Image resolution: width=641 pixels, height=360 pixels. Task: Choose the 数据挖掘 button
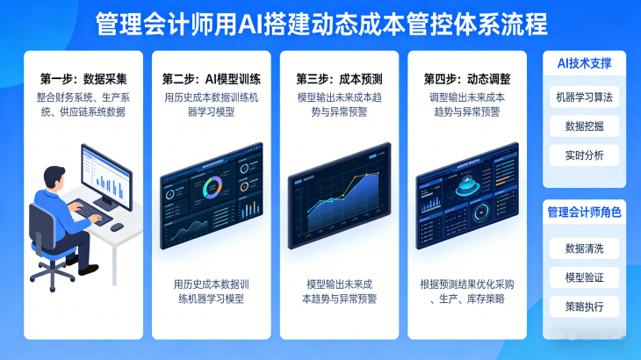tap(585, 126)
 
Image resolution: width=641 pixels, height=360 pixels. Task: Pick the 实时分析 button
tap(585, 155)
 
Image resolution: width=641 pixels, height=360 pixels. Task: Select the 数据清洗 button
tap(585, 248)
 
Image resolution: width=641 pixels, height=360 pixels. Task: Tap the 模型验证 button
tap(585, 277)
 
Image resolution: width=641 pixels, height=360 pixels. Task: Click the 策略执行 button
tap(585, 306)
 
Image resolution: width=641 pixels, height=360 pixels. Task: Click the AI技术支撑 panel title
tap(585, 64)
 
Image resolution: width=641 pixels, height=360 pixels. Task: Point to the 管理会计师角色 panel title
tap(585, 212)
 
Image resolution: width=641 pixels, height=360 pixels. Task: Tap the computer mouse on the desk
tap(117, 227)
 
